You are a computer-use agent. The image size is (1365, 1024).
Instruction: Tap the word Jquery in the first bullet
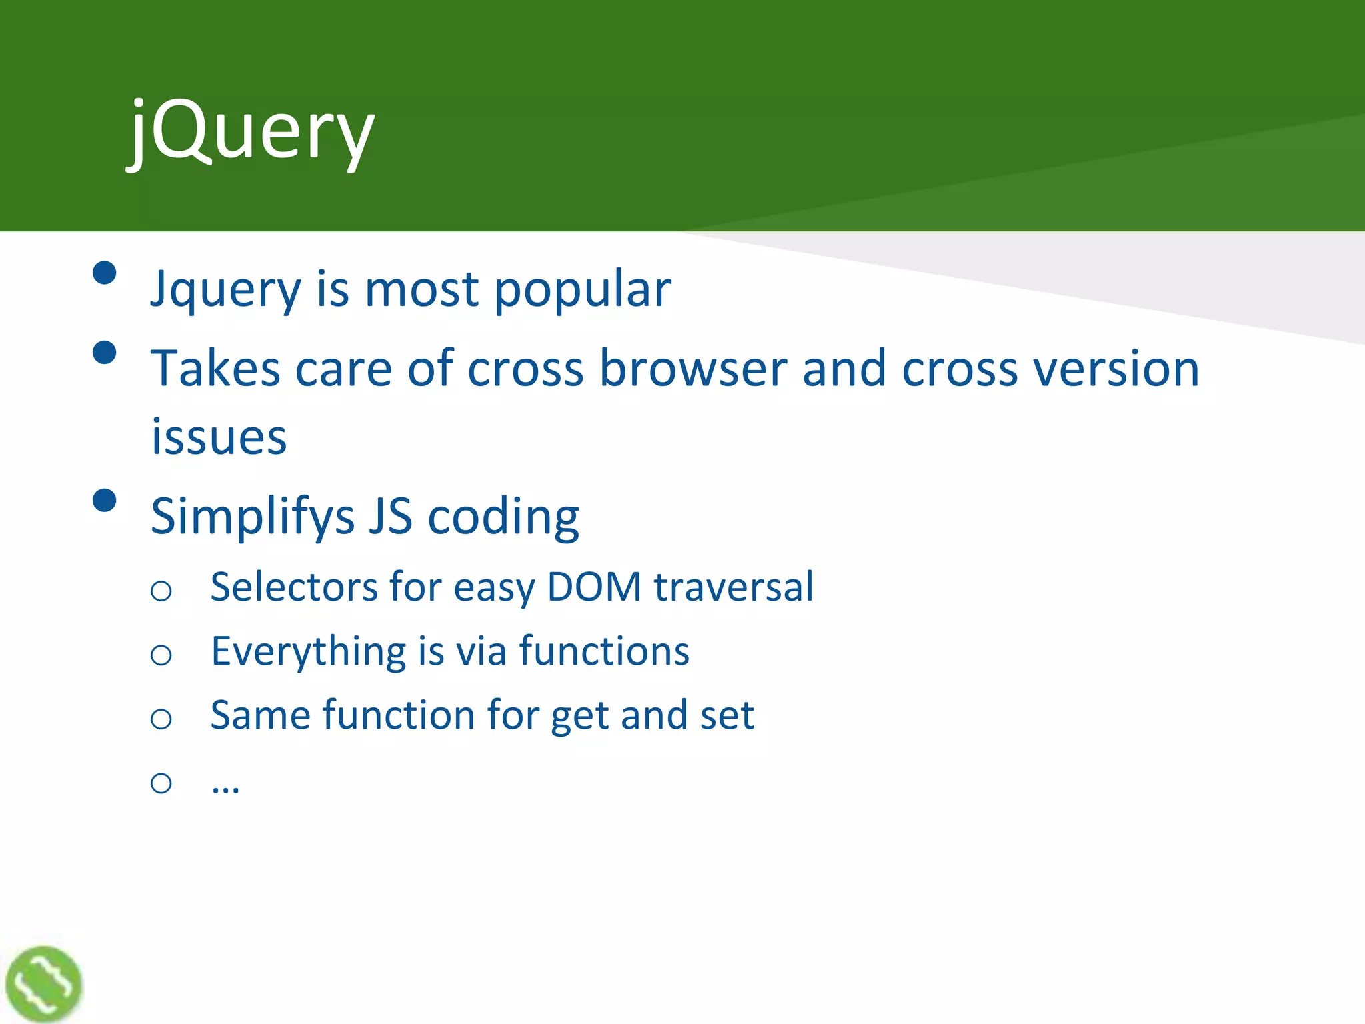coord(225,291)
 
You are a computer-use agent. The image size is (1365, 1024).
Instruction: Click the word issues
coord(219,438)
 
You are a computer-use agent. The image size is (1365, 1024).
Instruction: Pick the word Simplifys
coord(252,517)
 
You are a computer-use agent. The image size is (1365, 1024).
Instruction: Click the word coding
coord(503,517)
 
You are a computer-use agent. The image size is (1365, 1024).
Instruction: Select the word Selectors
coord(294,587)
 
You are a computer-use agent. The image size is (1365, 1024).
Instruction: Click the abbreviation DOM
coord(594,587)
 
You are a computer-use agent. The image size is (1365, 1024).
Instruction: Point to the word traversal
coord(734,587)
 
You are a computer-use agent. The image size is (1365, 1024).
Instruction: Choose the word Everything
coord(308,651)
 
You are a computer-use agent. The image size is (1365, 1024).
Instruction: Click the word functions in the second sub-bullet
coord(604,651)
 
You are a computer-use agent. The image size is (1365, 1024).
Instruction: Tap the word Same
coord(261,715)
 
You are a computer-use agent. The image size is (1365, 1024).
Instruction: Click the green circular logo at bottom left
coord(44,983)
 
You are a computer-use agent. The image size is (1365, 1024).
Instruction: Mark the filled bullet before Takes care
coord(105,352)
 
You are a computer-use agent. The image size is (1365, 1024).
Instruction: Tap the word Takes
coord(215,369)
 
